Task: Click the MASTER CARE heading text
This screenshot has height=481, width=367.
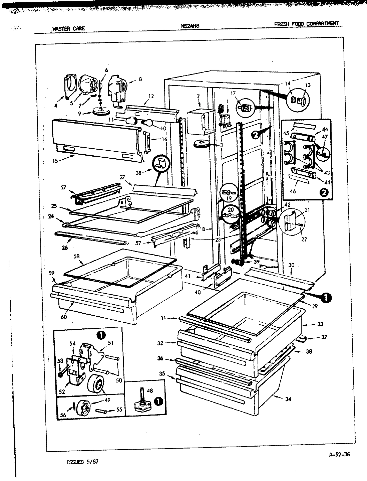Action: tap(68, 28)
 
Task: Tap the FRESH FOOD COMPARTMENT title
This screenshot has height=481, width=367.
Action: tap(306, 24)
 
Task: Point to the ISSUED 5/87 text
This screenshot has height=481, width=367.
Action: tap(82, 462)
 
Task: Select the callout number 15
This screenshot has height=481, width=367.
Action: tap(55, 161)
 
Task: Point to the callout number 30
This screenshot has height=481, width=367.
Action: tap(291, 265)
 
